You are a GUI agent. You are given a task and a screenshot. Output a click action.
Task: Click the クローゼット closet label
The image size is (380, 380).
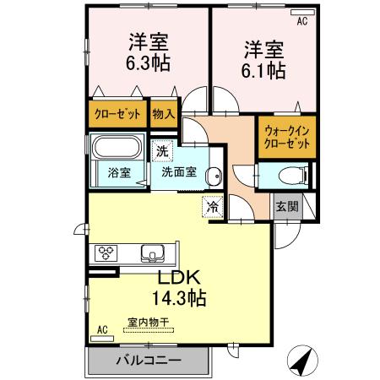click(117, 112)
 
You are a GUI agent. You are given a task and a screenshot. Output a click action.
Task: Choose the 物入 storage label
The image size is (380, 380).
click(164, 112)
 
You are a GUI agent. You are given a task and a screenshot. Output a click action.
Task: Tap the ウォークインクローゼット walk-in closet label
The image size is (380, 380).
click(286, 137)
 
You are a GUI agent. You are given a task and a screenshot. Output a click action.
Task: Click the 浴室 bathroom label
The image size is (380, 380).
click(119, 174)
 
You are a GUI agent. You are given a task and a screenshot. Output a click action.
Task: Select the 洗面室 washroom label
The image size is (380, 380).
click(179, 171)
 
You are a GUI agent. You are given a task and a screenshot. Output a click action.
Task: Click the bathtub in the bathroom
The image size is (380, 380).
click(119, 149)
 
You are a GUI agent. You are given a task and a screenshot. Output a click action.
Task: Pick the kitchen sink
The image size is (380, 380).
click(154, 252)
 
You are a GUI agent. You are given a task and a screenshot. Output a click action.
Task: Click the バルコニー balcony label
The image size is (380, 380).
click(147, 361)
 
